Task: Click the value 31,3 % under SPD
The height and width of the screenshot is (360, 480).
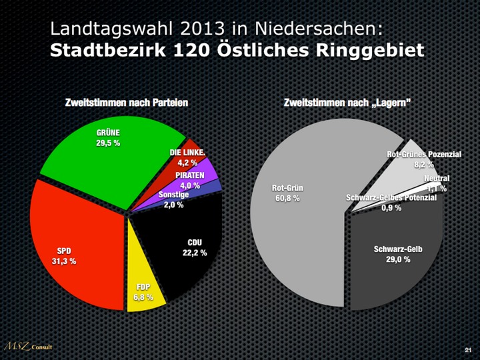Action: [64, 261]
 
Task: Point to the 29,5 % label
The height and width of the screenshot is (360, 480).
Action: [108, 143]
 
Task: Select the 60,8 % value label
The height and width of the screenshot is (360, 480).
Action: [287, 198]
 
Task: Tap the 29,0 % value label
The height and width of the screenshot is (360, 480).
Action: [398, 259]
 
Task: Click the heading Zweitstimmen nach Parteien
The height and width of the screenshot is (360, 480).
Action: [126, 103]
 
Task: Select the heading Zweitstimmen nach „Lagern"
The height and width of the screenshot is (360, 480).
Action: [347, 103]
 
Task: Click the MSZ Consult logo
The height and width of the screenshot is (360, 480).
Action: [27, 346]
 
